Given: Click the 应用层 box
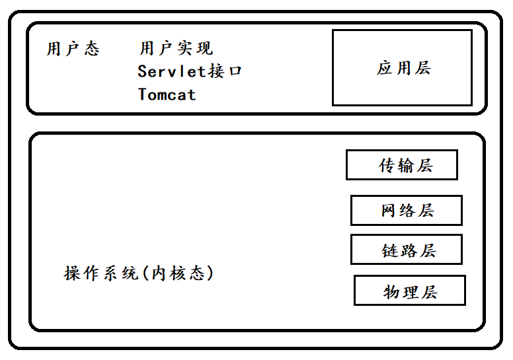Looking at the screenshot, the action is tap(402, 67).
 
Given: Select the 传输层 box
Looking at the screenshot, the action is tap(401, 165).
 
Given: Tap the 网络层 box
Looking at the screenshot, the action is tap(406, 211).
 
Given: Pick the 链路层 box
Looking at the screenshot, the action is tap(406, 250).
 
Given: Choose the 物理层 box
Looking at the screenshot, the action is tap(410, 291).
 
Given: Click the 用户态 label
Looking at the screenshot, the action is tap(73, 49).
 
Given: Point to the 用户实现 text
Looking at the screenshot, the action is tap(176, 48).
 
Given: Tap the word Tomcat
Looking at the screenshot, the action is tap(167, 94).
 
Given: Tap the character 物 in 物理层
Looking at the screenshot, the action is tap(392, 292).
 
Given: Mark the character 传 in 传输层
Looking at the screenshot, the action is tap(387, 166).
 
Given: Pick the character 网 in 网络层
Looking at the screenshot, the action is tap(389, 211).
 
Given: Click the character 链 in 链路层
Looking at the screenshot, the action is tap(390, 251).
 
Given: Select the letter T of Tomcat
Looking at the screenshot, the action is tap(143, 94).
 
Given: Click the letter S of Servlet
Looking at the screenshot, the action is tap(143, 71).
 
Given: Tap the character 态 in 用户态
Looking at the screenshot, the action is tap(92, 49).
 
